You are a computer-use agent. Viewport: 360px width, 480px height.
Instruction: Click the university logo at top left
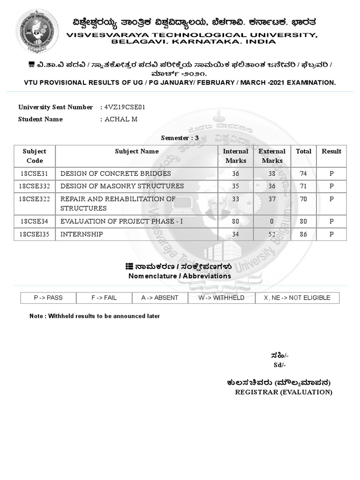point(37,31)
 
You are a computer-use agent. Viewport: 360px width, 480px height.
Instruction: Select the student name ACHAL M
point(120,119)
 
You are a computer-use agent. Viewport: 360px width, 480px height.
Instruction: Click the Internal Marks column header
point(235,156)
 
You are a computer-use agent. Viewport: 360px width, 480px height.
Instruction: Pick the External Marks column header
point(272,156)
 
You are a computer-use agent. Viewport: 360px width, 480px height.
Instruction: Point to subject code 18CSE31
point(35,173)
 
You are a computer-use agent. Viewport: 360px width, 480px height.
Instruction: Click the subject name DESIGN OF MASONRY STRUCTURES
point(122,186)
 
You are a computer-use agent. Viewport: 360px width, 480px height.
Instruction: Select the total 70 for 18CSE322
point(303,199)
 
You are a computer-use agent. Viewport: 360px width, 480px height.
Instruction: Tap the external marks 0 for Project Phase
point(272,221)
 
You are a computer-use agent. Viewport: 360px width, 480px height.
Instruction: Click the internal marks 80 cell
point(235,221)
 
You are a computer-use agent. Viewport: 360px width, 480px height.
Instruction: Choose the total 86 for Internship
point(303,234)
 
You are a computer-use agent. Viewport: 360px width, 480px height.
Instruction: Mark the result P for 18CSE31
point(331,173)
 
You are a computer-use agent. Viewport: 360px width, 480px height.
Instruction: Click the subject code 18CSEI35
point(35,234)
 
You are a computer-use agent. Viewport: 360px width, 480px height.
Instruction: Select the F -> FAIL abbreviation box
point(104,298)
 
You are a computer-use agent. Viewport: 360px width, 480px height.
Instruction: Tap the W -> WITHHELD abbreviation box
point(221,298)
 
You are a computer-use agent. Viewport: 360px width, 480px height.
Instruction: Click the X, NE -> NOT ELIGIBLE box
point(297,298)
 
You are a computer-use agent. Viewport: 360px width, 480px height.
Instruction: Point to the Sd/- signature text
point(280,365)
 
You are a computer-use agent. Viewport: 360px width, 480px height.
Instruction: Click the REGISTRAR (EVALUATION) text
point(284,392)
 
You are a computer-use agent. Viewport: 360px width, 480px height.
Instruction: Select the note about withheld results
point(95,316)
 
